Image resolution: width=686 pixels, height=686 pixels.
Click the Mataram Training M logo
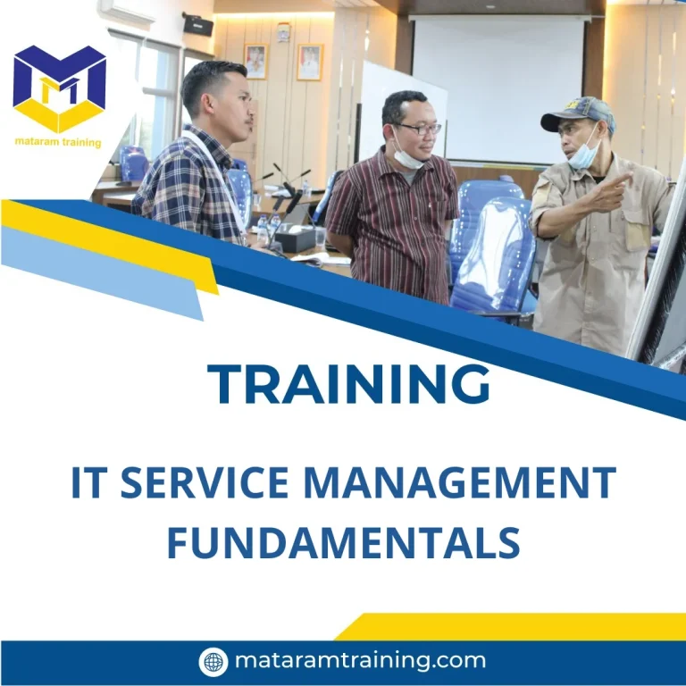coord(60,88)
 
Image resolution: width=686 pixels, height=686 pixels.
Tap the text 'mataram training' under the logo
coord(59,142)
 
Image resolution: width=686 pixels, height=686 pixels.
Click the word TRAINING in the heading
coord(348,384)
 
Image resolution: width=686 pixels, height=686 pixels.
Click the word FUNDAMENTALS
coord(343,542)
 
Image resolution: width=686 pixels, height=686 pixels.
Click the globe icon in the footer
coord(213,661)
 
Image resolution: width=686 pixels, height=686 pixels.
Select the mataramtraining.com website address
coord(360,661)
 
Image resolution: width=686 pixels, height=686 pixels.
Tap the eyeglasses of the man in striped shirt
coord(417,129)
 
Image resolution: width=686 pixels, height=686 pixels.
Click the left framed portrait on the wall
coord(255,61)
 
